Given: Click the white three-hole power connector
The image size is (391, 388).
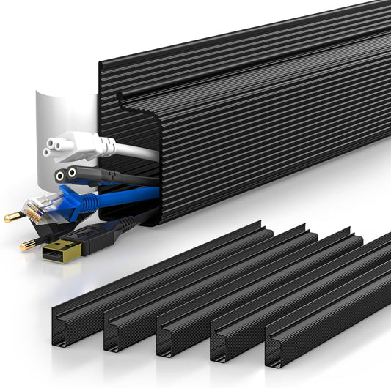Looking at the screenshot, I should point(70,147).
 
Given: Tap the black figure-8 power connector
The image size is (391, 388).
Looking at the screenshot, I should point(73,175).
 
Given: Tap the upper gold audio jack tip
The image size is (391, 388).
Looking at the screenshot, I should point(12,217).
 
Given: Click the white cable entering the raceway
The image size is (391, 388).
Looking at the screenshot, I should point(136,152).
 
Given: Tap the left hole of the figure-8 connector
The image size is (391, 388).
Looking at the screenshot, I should point(59,176).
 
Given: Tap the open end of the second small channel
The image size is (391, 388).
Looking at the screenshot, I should point(112,333).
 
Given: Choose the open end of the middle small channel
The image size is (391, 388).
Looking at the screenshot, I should point(165,340).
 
